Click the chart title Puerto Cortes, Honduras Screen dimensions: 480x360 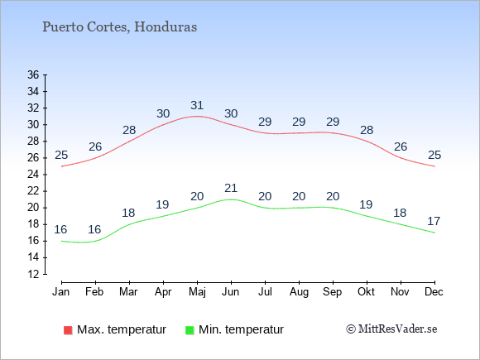(x=119, y=27)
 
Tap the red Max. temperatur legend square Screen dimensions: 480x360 (x=68, y=330)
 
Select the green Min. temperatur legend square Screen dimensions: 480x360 (x=190, y=330)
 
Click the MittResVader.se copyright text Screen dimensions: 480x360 (x=391, y=329)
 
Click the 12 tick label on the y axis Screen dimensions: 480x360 (x=33, y=274)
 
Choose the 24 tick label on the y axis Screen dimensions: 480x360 (x=33, y=175)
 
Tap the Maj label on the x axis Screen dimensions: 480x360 (x=197, y=292)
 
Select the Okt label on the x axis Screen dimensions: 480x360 (x=366, y=292)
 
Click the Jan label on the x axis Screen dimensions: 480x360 (x=61, y=292)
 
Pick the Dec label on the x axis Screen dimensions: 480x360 (x=434, y=292)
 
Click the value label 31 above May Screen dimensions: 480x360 (x=197, y=105)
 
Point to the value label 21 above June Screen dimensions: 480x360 (x=231, y=188)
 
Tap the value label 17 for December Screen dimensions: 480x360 (x=434, y=221)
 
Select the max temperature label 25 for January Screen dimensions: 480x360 (x=61, y=156)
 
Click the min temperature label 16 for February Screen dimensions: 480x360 (x=94, y=229)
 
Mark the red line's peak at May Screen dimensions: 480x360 (x=197, y=117)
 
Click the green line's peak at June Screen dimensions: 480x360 (x=231, y=199)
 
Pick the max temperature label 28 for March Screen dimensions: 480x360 (x=129, y=131)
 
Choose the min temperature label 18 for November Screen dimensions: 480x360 (x=400, y=213)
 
